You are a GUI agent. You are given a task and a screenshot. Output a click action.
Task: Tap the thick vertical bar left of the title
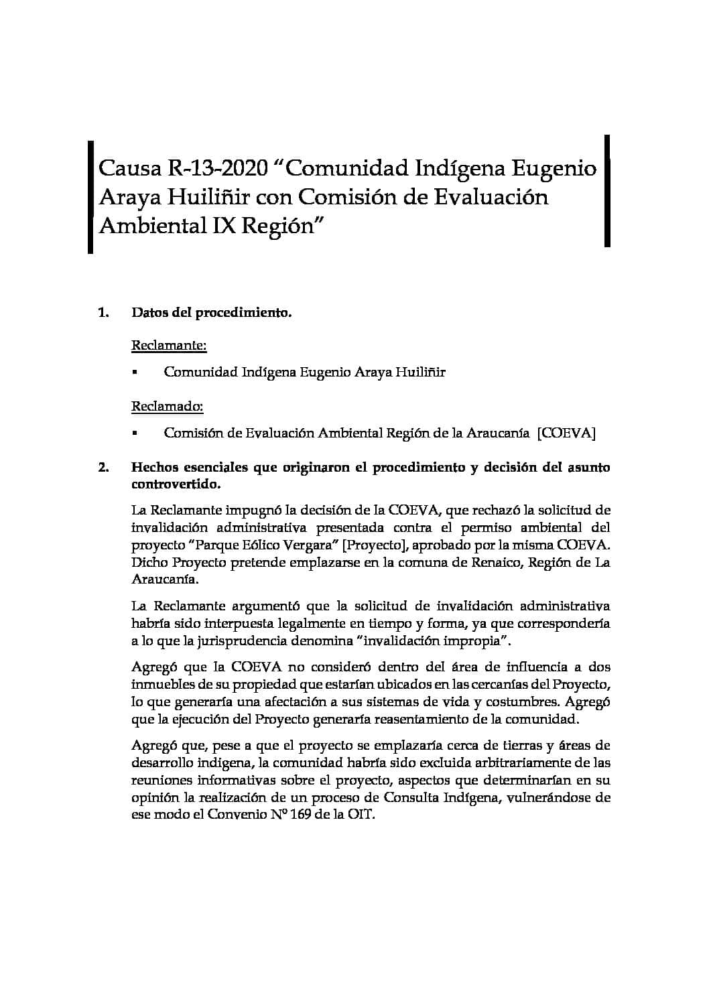pyautogui.click(x=90, y=196)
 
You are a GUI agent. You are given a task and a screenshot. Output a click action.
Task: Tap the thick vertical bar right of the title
pyautogui.click(x=607, y=191)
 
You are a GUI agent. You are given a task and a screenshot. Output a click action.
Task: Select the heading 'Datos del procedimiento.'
pyautogui.click(x=212, y=312)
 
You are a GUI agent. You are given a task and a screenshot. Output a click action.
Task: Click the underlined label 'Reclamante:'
pyautogui.click(x=169, y=346)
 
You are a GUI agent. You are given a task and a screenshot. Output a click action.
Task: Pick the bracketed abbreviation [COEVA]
pyautogui.click(x=566, y=433)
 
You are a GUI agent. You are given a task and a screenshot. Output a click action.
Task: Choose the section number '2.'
pyautogui.click(x=103, y=468)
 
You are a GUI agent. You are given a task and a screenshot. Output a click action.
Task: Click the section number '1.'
pyautogui.click(x=103, y=312)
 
